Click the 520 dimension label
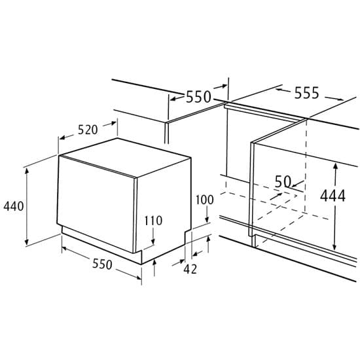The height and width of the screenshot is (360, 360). (x=88, y=130)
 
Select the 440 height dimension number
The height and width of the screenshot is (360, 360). (x=14, y=206)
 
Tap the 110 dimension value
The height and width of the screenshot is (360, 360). (x=153, y=221)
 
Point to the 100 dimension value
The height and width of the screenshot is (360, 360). (x=205, y=200)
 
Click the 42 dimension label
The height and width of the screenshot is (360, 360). (x=190, y=269)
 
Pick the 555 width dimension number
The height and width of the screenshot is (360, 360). (x=307, y=93)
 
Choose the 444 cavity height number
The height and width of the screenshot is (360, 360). (x=333, y=196)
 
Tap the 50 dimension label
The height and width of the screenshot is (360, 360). (x=283, y=181)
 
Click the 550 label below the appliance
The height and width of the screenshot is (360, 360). (x=102, y=264)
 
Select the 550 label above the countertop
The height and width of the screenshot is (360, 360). (x=198, y=97)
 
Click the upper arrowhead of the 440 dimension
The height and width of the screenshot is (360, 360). (x=27, y=171)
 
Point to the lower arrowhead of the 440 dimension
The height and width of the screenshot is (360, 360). (x=27, y=242)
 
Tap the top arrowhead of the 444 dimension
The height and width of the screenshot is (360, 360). (x=335, y=166)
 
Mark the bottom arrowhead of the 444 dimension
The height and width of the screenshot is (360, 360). (x=334, y=247)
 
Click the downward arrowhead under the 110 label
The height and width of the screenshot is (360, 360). (x=153, y=242)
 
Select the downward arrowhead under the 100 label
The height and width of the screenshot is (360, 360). (x=207, y=219)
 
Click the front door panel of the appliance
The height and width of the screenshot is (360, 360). (x=96, y=203)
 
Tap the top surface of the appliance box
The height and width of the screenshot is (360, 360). (x=125, y=157)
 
